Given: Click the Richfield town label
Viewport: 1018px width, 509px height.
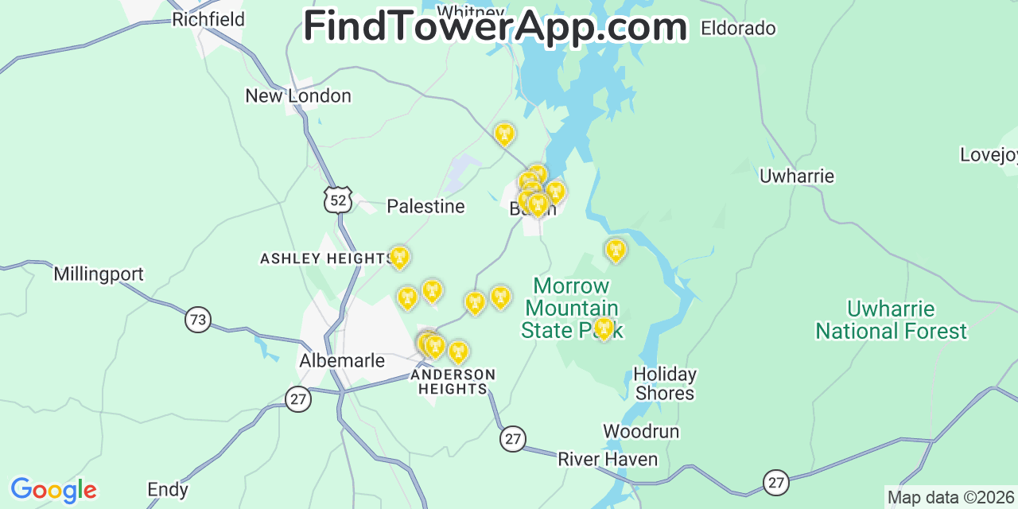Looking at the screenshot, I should tap(208, 19).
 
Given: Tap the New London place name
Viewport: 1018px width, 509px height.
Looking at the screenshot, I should tap(297, 96).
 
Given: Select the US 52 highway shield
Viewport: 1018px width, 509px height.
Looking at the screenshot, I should tap(337, 200).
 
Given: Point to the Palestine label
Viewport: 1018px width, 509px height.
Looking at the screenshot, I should tap(425, 207).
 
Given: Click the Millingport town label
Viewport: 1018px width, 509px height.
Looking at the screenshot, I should tap(99, 274).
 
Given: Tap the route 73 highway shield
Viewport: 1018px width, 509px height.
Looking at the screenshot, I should tap(198, 320).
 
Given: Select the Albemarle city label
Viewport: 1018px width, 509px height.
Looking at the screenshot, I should tap(342, 361).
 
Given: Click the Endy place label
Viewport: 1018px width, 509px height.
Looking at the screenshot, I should tap(168, 490).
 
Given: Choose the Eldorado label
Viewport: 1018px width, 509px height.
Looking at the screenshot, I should tap(737, 29).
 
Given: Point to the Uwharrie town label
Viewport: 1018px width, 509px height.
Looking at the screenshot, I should tap(796, 177).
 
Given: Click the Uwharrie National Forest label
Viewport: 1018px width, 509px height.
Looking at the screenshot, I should tap(891, 320).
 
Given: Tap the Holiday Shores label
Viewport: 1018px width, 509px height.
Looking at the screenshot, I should tap(665, 383).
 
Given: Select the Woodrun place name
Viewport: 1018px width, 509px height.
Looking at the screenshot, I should tap(641, 432).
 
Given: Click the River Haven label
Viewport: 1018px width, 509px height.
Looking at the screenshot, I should tap(608, 460).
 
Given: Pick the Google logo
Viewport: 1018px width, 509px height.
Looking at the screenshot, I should tap(52, 490).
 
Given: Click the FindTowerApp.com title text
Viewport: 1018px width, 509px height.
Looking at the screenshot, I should tap(495, 27).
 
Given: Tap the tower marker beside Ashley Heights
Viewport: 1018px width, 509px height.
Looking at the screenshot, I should tap(399, 258).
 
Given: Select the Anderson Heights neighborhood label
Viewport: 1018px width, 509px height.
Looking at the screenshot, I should tap(453, 382).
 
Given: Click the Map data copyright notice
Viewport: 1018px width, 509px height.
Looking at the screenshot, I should tap(951, 498).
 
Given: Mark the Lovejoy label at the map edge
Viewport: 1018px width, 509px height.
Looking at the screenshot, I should tap(988, 155).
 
